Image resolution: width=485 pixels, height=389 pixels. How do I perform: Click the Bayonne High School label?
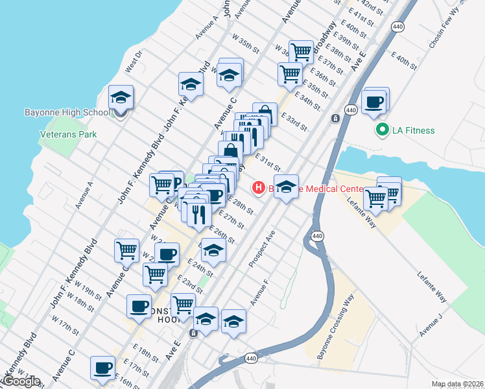click(67, 112)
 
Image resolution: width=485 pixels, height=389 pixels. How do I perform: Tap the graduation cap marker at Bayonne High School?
click(121, 98)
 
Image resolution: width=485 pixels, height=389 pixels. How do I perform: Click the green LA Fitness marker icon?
click(383, 130)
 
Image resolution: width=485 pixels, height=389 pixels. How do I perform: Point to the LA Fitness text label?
click(413, 130)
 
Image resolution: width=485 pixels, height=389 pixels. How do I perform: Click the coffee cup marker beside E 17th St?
click(102, 368)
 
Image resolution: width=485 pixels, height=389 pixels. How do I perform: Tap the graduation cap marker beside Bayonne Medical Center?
click(286, 187)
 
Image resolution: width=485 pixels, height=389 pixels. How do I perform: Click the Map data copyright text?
click(457, 384)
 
